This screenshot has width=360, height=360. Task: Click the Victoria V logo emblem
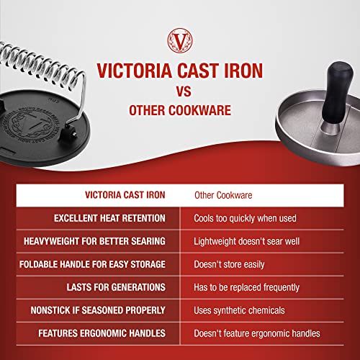pyautogui.click(x=180, y=39)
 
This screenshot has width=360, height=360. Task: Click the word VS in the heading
pyautogui.click(x=179, y=92)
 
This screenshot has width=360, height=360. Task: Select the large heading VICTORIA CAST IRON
pyautogui.click(x=179, y=71)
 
